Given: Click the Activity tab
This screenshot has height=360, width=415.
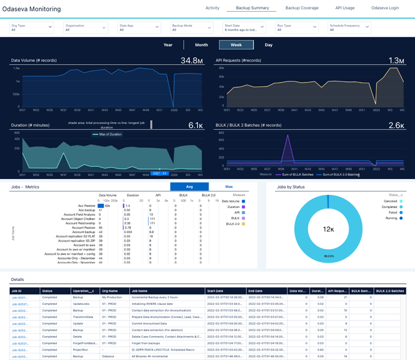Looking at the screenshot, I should pyautogui.click(x=212, y=8).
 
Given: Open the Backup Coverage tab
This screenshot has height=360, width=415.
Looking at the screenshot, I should pyautogui.click(x=302, y=8).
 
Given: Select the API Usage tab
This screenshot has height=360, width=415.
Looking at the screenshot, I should pyautogui.click(x=345, y=8).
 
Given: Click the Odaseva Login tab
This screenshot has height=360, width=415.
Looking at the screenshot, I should pyautogui.click(x=385, y=8).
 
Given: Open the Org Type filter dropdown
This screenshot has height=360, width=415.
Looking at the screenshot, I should pyautogui.click(x=31, y=27).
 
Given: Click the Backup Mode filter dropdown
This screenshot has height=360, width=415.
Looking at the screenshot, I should pyautogui.click(x=192, y=27).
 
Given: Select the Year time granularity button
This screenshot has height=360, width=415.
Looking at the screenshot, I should pyautogui.click(x=168, y=45).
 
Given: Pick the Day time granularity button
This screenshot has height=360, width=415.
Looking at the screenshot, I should pyautogui.click(x=268, y=45).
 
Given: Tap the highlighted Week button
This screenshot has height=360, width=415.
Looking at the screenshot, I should pyautogui.click(x=236, y=45).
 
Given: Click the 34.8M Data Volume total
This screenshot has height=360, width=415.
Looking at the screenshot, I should pyautogui.click(x=191, y=60).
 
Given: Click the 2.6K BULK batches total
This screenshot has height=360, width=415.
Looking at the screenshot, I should pyautogui.click(x=396, y=126).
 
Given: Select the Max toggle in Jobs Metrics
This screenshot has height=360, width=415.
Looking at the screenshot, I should pyautogui.click(x=228, y=187).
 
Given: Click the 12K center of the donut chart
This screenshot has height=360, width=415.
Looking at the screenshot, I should pyautogui.click(x=328, y=229).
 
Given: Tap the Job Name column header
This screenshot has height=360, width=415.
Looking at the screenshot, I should pyautogui.click(x=139, y=291).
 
